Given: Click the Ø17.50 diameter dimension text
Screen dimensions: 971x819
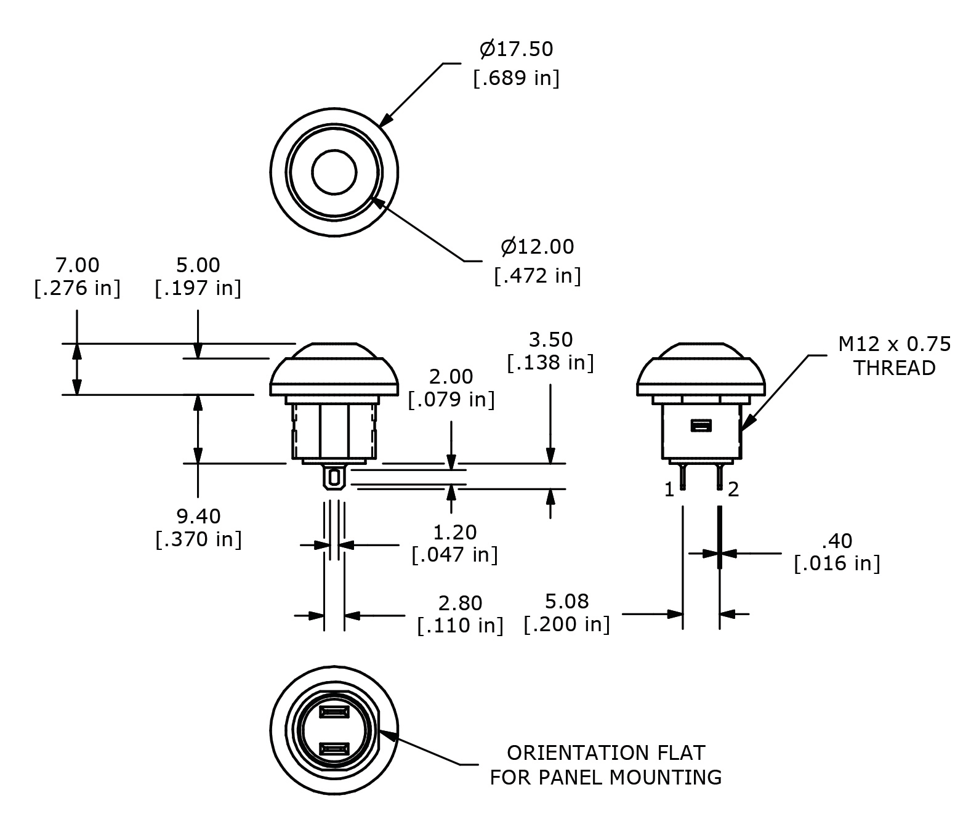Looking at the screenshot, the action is pyautogui.click(x=516, y=49).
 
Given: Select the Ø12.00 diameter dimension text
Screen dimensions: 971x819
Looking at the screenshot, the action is pyautogui.click(x=537, y=246).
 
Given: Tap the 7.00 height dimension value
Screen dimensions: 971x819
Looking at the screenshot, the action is pyautogui.click(x=77, y=265).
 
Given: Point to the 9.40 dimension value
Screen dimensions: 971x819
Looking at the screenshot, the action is pyautogui.click(x=198, y=516).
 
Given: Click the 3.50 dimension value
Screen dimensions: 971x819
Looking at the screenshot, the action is pyautogui.click(x=550, y=339).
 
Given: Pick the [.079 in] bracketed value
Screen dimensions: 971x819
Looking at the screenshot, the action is pyautogui.click(x=451, y=400).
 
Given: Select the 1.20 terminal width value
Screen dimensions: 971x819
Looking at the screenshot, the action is pyautogui.click(x=455, y=532).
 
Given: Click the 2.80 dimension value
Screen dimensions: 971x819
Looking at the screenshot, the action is pyautogui.click(x=461, y=603).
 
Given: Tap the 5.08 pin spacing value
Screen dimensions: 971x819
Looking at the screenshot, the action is pyautogui.click(x=567, y=602).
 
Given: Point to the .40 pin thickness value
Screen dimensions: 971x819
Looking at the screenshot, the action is pyautogui.click(x=837, y=541).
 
